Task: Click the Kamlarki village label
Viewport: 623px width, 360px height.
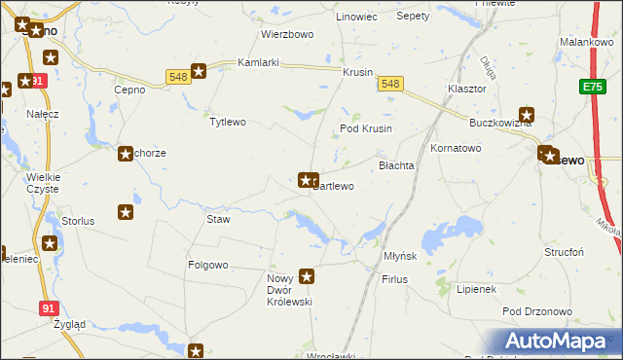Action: coord(259,63)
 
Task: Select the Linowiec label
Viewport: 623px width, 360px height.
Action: coord(355,18)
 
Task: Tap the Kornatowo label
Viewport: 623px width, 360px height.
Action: coord(457,148)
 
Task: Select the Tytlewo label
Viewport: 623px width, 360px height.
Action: coord(228,122)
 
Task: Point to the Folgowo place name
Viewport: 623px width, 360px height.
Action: coord(207,265)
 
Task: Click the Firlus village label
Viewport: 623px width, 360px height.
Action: coord(394,279)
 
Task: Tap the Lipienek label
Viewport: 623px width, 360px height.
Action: coord(477,289)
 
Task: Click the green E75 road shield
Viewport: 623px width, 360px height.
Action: coord(594,88)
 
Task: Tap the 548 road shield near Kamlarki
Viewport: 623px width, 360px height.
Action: coord(177,77)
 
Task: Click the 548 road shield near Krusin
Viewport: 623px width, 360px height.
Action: coord(390,85)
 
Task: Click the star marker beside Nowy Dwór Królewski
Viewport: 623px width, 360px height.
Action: coord(308,276)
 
